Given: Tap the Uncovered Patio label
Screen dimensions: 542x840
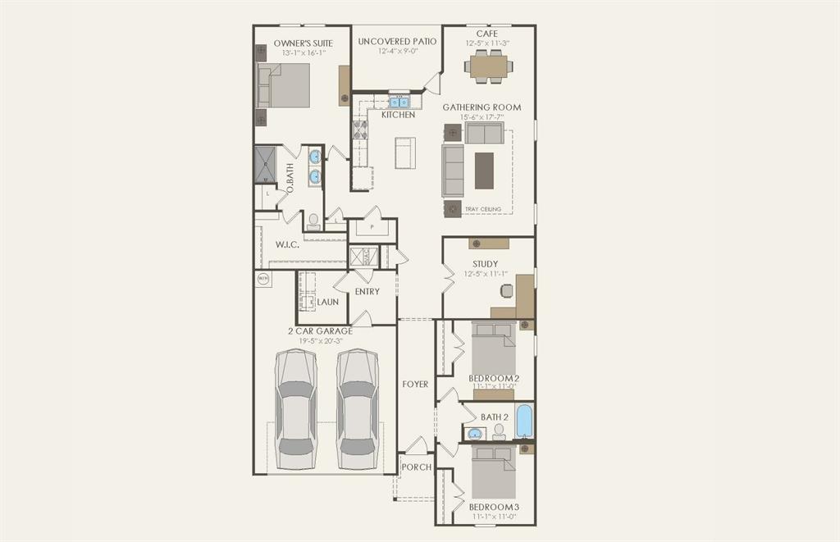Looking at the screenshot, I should pos(397,41).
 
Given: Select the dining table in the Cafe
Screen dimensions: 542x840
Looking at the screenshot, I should pos(488,65).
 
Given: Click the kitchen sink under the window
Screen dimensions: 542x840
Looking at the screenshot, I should pos(398,102).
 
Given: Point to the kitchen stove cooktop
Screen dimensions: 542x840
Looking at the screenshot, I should pos(360,130).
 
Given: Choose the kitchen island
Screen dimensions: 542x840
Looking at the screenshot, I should pos(405,153).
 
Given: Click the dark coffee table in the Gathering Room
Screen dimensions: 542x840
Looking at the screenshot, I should pos(485,171).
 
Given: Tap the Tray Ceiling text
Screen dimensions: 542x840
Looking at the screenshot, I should pos(482,209).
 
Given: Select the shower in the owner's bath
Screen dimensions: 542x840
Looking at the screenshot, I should pos(266,164).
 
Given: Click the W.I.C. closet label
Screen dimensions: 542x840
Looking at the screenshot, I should pos(286,244).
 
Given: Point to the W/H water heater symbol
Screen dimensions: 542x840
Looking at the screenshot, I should pos(263,279).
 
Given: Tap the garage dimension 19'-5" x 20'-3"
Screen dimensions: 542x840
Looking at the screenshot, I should pos(320,341).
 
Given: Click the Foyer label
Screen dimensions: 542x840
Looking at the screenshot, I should pos(415,384).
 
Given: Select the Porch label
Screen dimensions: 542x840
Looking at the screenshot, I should pos(416,467).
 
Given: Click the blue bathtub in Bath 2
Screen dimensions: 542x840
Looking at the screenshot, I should pos(524,421).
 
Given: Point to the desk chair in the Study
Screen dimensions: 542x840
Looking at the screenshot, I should pos(507,290).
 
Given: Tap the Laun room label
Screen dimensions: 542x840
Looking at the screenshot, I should pos(328,302).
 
